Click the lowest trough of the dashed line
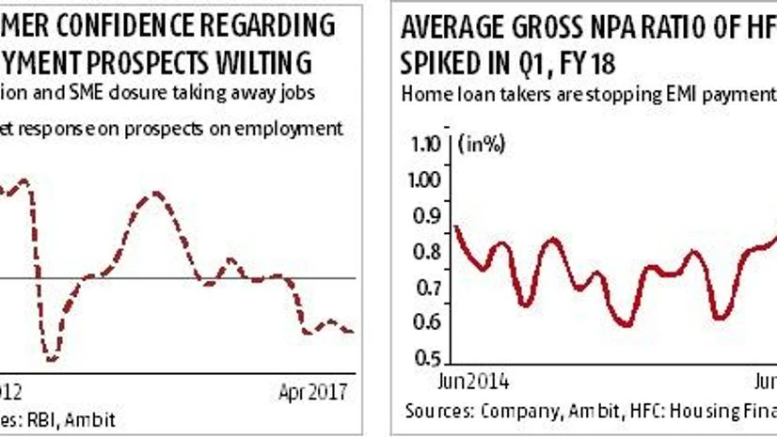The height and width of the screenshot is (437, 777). tap(51, 359)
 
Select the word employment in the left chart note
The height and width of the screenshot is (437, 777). tap(297, 129)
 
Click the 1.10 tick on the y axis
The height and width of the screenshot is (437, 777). tap(427, 145)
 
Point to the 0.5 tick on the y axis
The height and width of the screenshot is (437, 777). tap(429, 359)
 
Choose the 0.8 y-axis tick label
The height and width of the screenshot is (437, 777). tap(429, 252)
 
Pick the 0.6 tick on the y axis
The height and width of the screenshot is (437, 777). tap(429, 323)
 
